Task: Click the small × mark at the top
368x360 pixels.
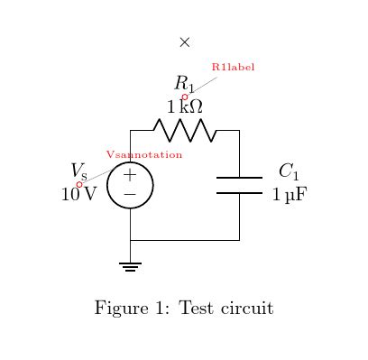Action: click(x=185, y=42)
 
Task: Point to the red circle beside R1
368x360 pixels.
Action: click(x=185, y=97)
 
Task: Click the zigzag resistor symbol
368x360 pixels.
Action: click(x=185, y=131)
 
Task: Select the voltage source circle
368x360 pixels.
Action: click(x=130, y=186)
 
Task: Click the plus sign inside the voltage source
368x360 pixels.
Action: click(x=130, y=176)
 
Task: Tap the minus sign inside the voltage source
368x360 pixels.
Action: click(x=130, y=195)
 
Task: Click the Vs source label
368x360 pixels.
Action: click(x=78, y=171)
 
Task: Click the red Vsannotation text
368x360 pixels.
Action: click(x=145, y=155)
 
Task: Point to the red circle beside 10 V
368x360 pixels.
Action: click(x=78, y=184)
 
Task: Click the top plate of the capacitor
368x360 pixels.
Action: click(x=239, y=178)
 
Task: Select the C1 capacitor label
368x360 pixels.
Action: click(x=288, y=171)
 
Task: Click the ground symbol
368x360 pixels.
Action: click(x=131, y=265)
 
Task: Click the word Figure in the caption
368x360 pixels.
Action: click(x=123, y=309)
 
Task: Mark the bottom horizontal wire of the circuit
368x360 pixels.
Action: click(x=185, y=240)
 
